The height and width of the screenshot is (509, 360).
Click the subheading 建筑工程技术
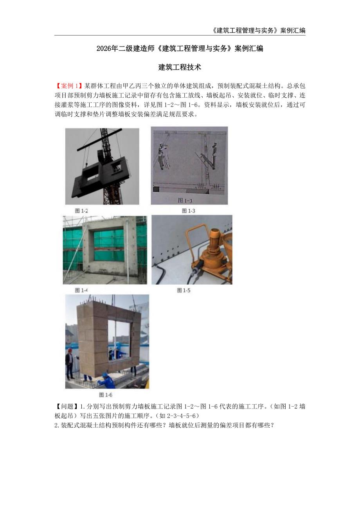[x=180, y=67]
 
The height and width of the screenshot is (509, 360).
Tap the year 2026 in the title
[x=104, y=49]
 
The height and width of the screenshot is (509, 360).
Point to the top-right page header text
[x=254, y=30]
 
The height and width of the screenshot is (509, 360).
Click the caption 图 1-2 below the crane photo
[x=82, y=211]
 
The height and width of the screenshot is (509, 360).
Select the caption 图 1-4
[x=81, y=290]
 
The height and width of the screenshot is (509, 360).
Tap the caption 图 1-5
[x=184, y=290]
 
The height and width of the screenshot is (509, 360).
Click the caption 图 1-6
[x=106, y=395]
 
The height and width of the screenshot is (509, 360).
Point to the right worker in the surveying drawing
[x=213, y=154]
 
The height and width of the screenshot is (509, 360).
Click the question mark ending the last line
[x=273, y=425]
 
